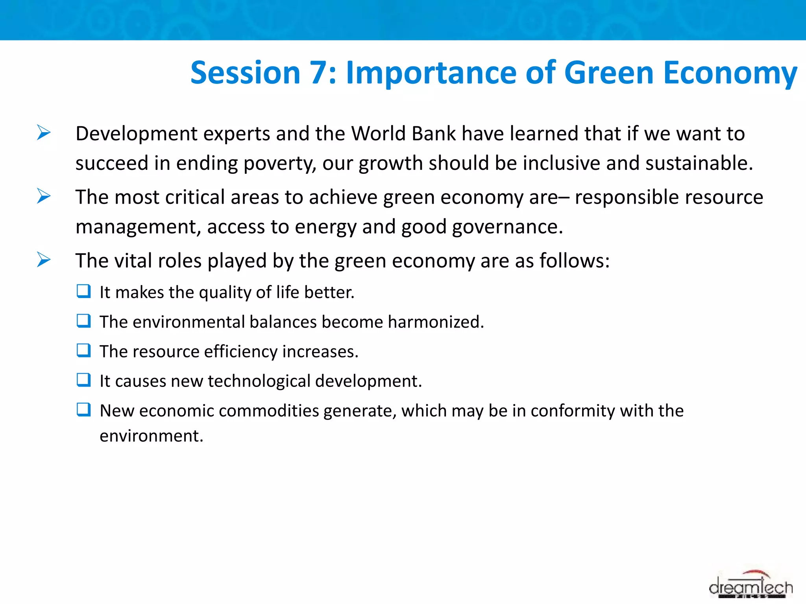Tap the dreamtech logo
[750, 586]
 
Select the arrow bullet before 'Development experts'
[44, 133]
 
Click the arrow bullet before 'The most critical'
[44, 196]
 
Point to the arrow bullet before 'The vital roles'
[44, 260]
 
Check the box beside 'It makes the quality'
[84, 291]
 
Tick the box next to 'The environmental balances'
[84, 321]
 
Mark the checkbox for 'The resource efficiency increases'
[84, 350]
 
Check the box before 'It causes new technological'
[84, 380]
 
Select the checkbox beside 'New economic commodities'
[84, 410]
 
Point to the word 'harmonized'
[434, 322]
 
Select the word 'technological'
[259, 381]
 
